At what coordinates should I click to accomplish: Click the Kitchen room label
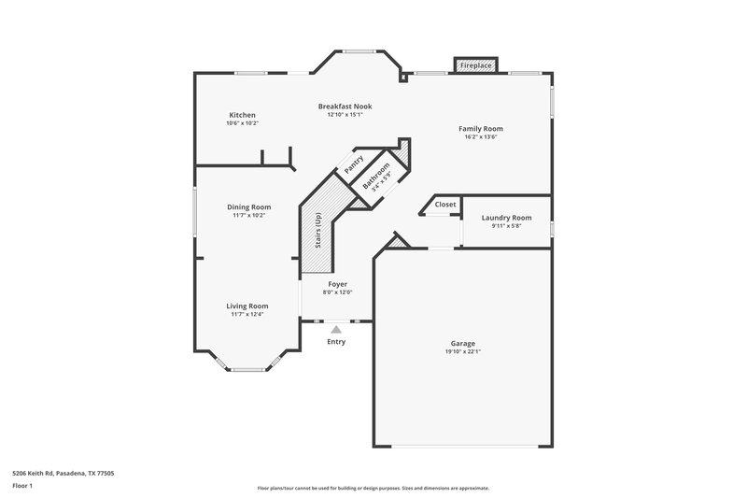[242, 115]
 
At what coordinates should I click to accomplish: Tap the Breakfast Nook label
[345, 107]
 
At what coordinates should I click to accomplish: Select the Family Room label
[480, 128]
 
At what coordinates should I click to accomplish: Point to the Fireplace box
[476, 65]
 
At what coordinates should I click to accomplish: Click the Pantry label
[354, 164]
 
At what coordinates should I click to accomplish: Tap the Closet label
[445, 204]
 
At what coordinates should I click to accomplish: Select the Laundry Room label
[506, 218]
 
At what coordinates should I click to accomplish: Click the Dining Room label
[249, 206]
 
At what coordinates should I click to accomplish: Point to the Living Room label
[247, 306]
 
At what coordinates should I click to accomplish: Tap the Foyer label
[337, 284]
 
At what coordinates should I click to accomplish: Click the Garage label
[463, 343]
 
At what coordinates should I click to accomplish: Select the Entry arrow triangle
[336, 329]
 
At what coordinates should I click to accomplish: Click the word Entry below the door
[336, 341]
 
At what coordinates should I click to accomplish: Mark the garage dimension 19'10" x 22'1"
[463, 352]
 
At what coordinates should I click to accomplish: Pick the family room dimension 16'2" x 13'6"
[480, 136]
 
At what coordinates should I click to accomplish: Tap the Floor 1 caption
[22, 486]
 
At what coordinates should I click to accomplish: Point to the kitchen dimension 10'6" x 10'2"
[242, 123]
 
